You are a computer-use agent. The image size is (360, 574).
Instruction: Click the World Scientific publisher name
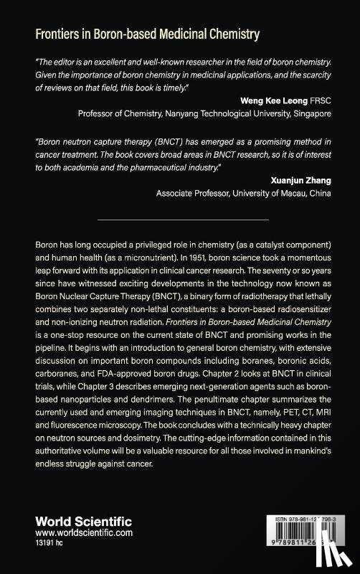tap(78, 522)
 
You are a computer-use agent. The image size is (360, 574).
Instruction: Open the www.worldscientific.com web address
tap(84, 534)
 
